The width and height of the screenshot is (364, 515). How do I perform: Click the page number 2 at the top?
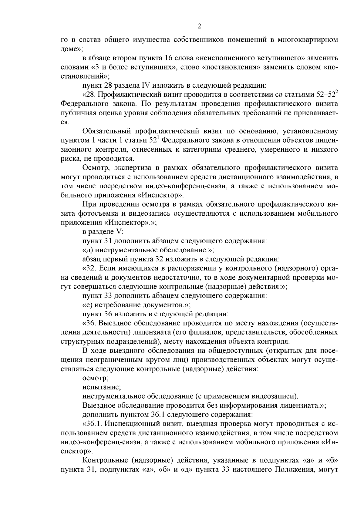point(199,26)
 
